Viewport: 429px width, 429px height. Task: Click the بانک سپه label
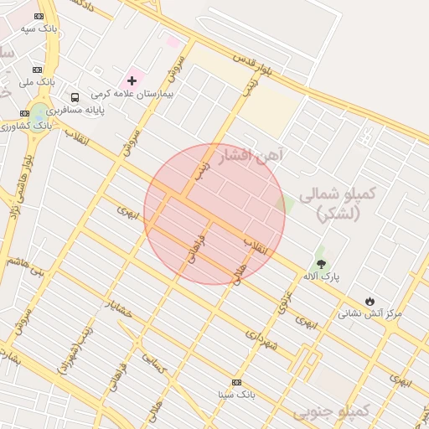pos(39,28)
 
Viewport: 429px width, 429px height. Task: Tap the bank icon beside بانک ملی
pos(37,70)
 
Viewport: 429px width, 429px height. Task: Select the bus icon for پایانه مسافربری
pos(75,97)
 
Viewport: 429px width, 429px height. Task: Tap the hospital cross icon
pos(131,81)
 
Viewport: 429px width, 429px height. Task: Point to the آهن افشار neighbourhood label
pos(251,155)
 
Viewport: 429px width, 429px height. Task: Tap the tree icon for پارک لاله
pos(321,264)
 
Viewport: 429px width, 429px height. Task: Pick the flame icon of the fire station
pos(370,301)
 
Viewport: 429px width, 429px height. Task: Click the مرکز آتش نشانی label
pos(370,313)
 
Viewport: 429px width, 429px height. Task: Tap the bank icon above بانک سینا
pos(236,382)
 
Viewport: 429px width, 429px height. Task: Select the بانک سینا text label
pos(235,394)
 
